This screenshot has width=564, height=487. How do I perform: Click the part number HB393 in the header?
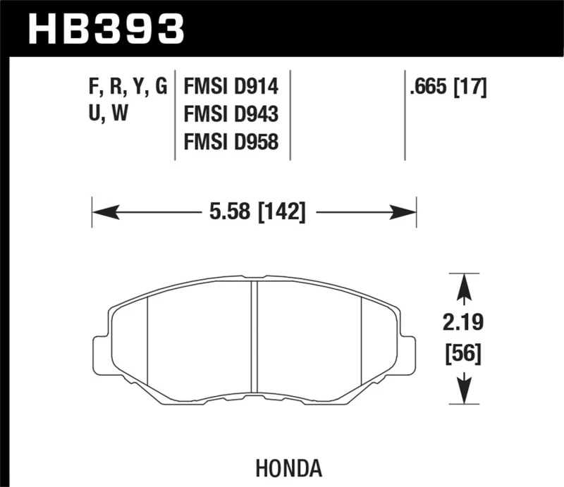pyautogui.click(x=106, y=28)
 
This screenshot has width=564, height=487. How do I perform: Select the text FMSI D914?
pyautogui.click(x=231, y=88)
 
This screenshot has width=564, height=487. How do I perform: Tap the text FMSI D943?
pyautogui.click(x=231, y=115)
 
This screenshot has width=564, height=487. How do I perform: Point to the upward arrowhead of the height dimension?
pyautogui.click(x=464, y=285)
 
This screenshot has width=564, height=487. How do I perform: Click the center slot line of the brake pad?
pyautogui.click(x=255, y=338)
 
